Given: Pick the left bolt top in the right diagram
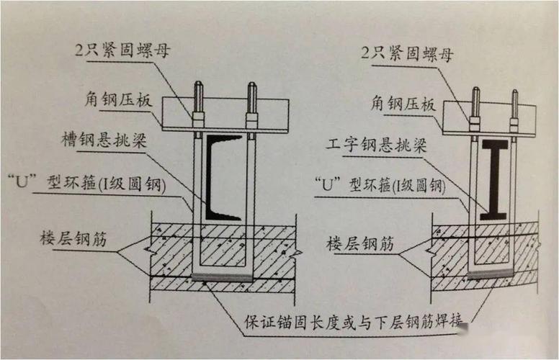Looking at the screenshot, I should tap(475, 93).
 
